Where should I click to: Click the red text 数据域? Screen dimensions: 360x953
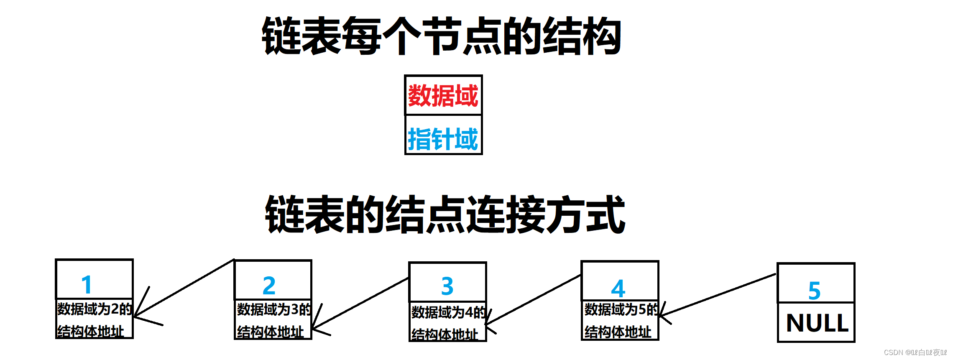443,96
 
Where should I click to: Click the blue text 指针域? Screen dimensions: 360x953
443,139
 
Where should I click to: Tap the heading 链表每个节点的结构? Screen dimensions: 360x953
442,36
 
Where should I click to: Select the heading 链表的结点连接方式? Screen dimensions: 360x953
445,214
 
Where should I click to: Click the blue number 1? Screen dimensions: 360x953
87,285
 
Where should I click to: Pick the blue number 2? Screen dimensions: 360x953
269,286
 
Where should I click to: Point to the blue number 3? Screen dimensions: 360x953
447,286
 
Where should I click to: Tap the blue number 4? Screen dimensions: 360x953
618,289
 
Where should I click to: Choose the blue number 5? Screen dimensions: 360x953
814,291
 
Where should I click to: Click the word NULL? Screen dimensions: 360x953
817,323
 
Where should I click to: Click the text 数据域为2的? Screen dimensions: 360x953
95,309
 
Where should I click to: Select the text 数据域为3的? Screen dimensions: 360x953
274,309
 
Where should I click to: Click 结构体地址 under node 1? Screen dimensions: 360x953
91,331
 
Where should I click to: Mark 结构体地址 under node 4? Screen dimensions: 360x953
618,332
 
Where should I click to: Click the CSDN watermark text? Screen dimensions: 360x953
915,352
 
